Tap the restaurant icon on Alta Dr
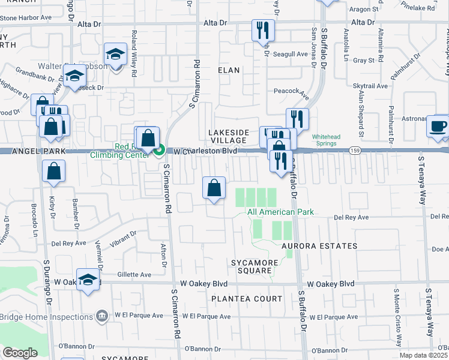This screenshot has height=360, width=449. [x=263, y=30]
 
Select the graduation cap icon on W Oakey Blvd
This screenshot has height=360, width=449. [x=88, y=280]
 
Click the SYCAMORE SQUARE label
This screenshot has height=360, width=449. [x=256, y=268]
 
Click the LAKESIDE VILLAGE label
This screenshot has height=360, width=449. [x=228, y=136]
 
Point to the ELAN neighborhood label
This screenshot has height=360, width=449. [x=229, y=70]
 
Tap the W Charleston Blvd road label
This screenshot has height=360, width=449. [x=205, y=151]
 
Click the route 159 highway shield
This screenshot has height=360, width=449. [x=356, y=151]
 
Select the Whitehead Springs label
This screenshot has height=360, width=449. [x=326, y=140]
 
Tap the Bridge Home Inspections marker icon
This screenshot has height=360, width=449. [x=102, y=316]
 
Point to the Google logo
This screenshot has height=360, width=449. [x=20, y=353]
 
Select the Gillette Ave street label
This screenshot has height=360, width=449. [x=134, y=274]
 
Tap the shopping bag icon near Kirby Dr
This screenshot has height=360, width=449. [x=53, y=172]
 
